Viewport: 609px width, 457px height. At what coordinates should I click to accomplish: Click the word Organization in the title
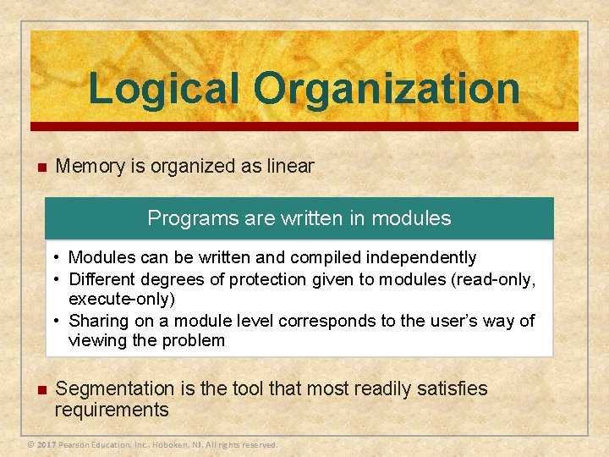click(x=387, y=89)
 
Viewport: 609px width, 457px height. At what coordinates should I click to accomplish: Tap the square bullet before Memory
click(x=39, y=167)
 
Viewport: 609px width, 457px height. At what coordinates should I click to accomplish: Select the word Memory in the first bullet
click(x=91, y=166)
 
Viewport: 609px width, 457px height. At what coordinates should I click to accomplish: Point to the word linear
click(x=290, y=166)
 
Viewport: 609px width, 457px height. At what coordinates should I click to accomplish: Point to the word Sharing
click(x=97, y=321)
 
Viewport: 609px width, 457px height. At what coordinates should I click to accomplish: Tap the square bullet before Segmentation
click(x=39, y=390)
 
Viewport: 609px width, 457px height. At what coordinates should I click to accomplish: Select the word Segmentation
click(x=113, y=388)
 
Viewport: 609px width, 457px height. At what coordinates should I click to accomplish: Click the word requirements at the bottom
click(x=112, y=410)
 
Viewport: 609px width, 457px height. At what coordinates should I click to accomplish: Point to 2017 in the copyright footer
click(x=47, y=444)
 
